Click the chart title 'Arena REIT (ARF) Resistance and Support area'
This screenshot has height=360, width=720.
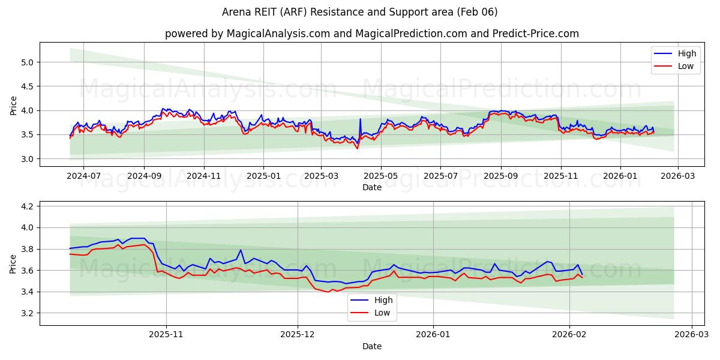pyautogui.click(x=359, y=12)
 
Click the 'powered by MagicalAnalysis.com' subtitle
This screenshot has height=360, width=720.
pyautogui.click(x=247, y=34)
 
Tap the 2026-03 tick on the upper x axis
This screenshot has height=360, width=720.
pyautogui.click(x=678, y=177)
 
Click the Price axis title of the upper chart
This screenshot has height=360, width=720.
pyautogui.click(x=14, y=105)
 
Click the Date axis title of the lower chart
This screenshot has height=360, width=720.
pyautogui.click(x=372, y=347)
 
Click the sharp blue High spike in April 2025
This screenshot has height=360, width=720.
pyautogui.click(x=360, y=119)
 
